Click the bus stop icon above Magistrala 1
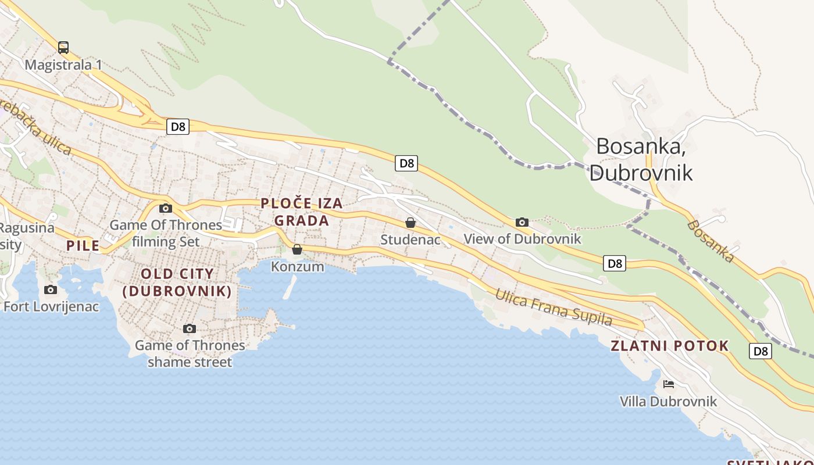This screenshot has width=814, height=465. point(63,48)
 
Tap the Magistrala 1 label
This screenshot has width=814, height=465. point(63,65)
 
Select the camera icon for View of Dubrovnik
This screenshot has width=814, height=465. point(522,222)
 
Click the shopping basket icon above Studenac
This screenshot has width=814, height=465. point(410,223)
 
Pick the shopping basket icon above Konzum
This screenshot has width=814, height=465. point(297,249)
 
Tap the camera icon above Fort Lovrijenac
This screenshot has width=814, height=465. point(51,289)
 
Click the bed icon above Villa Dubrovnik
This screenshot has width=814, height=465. point(669,384)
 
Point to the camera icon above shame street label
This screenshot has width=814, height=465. point(189,329)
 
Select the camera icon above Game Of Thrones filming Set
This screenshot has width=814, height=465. point(166,208)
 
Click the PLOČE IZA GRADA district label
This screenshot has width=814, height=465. point(302,212)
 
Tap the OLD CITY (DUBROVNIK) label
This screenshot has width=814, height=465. point(177,282)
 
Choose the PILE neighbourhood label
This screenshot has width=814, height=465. point(83,246)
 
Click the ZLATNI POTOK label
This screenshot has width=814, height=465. point(669,346)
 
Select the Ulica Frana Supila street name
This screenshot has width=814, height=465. point(553,307)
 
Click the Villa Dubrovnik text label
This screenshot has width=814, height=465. point(668,402)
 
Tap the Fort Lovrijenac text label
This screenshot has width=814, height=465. point(51,306)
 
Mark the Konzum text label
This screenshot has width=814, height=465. point(297,267)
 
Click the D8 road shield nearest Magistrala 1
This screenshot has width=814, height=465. point(178,127)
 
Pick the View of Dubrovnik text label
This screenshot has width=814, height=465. point(522,239)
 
